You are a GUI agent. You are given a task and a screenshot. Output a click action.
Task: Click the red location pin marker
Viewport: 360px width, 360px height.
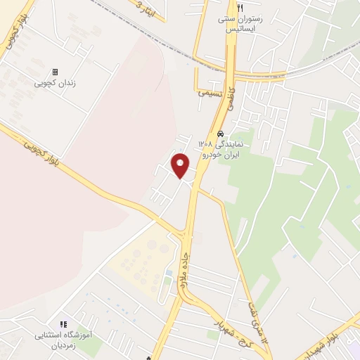181,165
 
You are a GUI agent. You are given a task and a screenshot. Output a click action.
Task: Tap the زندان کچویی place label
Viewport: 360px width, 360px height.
55,83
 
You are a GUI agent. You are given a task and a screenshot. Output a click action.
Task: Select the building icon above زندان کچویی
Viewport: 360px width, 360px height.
55,72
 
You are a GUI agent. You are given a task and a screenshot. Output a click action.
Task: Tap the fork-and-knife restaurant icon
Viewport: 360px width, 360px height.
240,7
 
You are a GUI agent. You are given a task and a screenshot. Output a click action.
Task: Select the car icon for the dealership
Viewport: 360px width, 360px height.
221,134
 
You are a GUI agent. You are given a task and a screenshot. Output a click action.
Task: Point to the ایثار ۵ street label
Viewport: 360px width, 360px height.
146,11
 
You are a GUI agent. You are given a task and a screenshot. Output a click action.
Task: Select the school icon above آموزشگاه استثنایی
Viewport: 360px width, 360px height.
63,325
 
